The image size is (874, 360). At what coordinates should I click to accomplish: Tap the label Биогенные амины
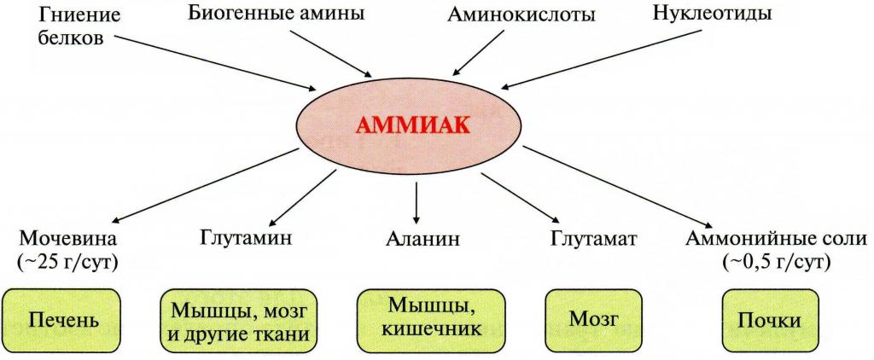[277, 14]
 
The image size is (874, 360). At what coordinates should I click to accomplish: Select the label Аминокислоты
[520, 15]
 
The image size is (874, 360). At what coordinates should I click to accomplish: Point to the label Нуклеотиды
[713, 14]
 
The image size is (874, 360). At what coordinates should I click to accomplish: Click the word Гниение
[79, 15]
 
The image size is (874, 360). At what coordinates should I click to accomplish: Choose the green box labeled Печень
[64, 321]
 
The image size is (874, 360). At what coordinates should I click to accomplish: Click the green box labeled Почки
[769, 321]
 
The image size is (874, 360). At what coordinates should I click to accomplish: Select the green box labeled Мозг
[594, 319]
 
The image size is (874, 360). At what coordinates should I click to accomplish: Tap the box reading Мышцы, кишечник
[430, 319]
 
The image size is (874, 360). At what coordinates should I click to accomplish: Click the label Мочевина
[68, 239]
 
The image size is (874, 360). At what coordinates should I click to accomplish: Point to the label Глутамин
[245, 239]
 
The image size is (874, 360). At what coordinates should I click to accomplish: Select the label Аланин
[422, 240]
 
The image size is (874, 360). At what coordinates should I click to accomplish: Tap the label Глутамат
[594, 239]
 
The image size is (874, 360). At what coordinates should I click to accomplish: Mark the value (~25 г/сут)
[68, 263]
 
